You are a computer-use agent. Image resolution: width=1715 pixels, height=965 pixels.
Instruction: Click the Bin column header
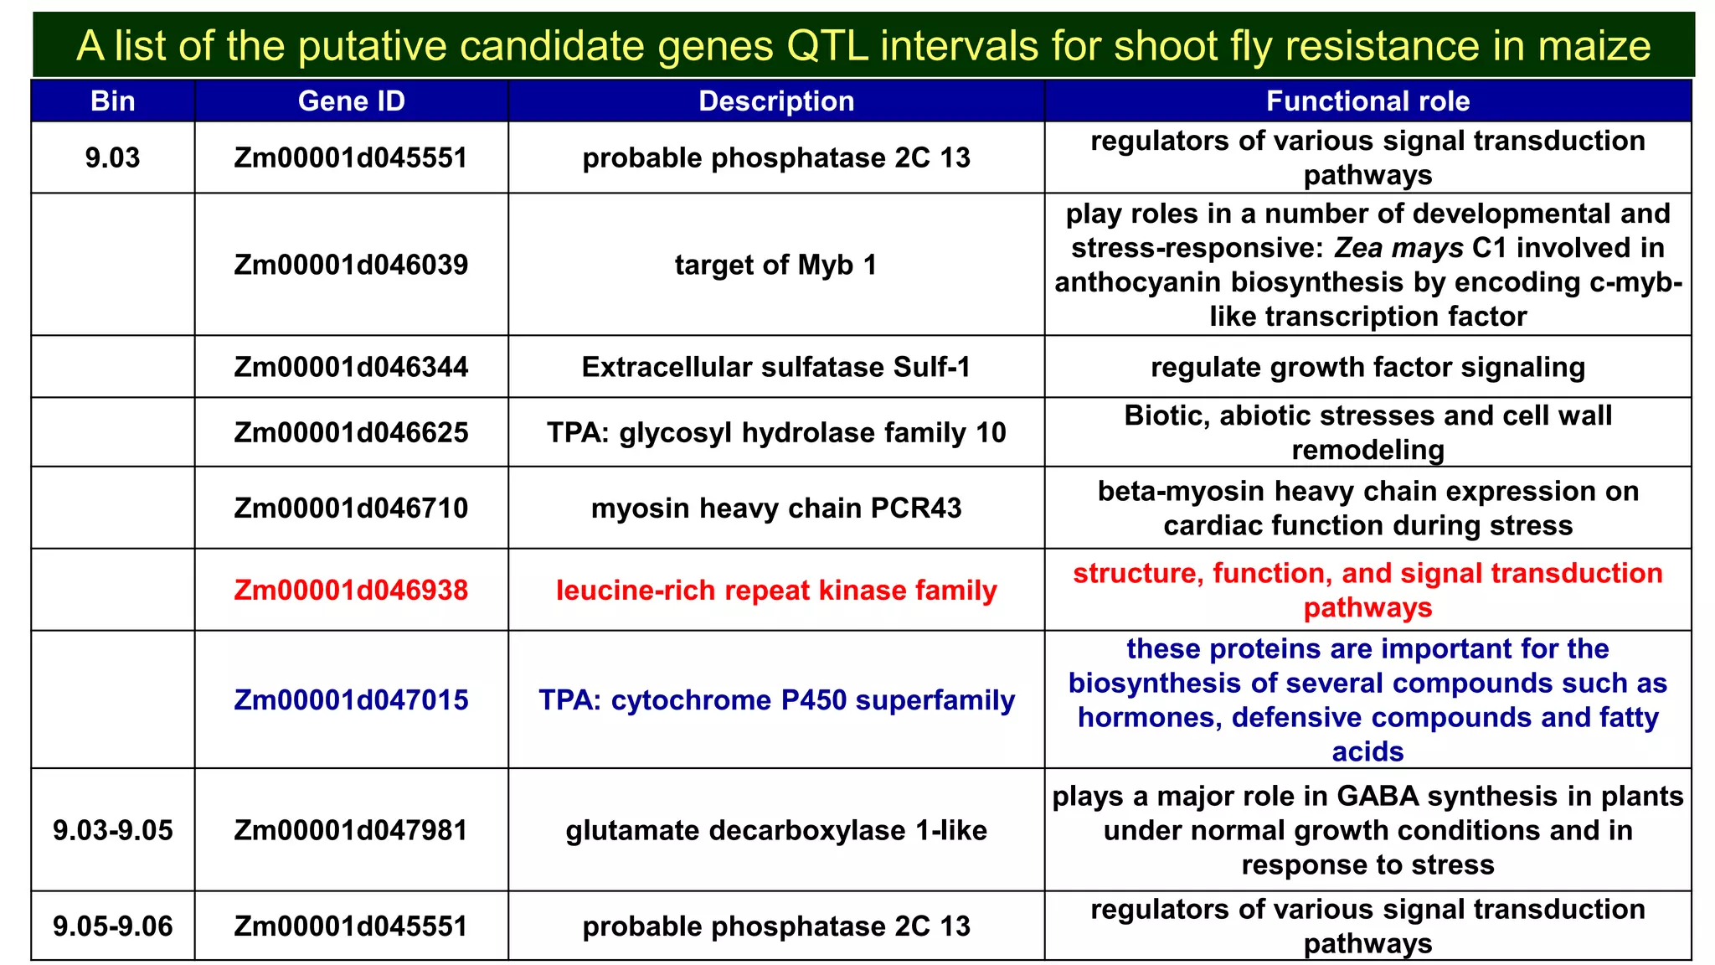(x=112, y=101)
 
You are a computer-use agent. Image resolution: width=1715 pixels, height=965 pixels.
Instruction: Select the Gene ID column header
(x=351, y=101)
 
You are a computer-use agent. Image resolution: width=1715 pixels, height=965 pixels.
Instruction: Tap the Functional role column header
(x=1367, y=101)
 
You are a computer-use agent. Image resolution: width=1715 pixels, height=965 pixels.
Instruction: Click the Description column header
(x=776, y=101)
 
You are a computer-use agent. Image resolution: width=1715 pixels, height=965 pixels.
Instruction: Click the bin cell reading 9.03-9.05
(x=112, y=830)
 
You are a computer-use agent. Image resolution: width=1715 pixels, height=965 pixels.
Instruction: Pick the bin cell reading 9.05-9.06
(x=112, y=926)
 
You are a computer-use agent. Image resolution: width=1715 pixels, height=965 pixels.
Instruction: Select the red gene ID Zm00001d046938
(x=351, y=590)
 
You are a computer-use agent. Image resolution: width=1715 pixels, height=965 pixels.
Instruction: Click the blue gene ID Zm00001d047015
(x=351, y=699)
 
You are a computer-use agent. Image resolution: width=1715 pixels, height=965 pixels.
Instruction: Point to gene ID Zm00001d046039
(x=351, y=265)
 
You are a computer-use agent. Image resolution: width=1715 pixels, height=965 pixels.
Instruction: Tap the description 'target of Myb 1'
(x=776, y=265)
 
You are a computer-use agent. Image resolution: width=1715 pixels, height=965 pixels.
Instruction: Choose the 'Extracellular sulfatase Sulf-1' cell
(x=776, y=367)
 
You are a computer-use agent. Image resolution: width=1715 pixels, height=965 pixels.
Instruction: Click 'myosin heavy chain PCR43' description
(x=776, y=508)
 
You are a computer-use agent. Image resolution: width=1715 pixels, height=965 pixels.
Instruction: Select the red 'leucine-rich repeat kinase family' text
(x=776, y=590)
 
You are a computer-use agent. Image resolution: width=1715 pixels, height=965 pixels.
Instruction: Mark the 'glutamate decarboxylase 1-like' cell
(x=776, y=830)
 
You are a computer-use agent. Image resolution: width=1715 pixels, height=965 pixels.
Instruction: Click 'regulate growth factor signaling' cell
(x=1367, y=367)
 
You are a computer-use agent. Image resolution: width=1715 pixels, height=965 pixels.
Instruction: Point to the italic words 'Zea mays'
(x=1398, y=248)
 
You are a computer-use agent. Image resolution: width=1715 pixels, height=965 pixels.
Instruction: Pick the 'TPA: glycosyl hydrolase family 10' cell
(x=776, y=432)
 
